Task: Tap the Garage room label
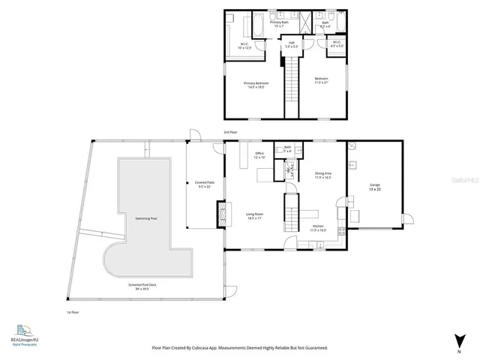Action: tap(375, 187)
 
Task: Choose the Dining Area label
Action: tap(323, 175)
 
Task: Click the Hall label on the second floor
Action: tap(291, 44)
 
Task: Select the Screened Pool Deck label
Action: tap(139, 286)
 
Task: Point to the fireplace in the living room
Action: tap(220, 213)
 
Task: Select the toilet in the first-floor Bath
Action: tap(279, 148)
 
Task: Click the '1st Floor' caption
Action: tap(73, 312)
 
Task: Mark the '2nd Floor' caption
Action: tap(230, 131)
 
